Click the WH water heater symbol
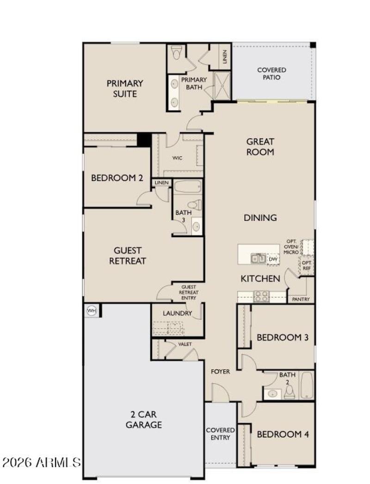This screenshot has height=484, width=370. pos(91,311)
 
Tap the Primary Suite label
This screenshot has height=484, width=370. pos(125,89)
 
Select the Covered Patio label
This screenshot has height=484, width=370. pos(271,74)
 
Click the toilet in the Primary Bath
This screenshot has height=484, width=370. pos(176,53)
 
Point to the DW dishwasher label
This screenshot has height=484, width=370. pos(273,259)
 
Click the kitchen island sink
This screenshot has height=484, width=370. pos(258,258)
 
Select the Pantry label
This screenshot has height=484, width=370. pos(301,300)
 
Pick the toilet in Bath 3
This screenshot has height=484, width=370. pos(195,204)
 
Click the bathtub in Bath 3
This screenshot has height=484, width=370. pos(187,187)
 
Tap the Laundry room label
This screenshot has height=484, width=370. pos(177,313)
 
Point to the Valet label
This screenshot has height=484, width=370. pos(185,344)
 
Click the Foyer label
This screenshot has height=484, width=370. pos(220,371)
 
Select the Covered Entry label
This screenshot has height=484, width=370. pos(221,434)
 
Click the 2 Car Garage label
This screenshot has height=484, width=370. pos(144,419)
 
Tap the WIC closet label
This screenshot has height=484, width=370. pos(178,158)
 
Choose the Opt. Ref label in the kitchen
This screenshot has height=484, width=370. pos(307,265)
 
